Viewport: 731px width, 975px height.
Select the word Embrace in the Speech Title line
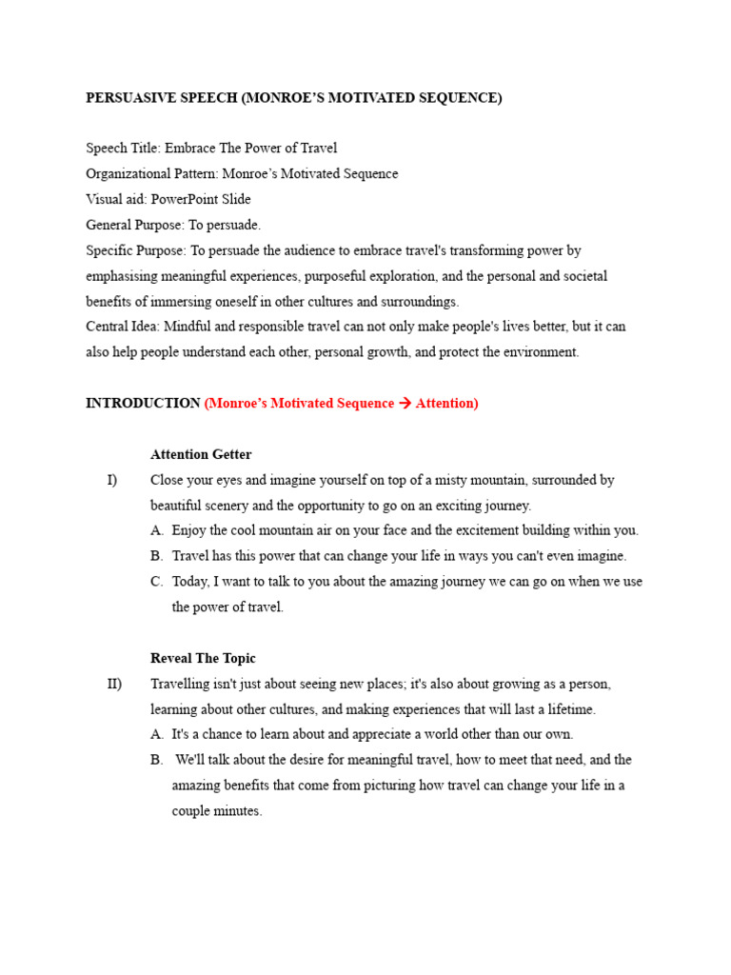(x=188, y=149)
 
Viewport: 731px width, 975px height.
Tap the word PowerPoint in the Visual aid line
(x=185, y=200)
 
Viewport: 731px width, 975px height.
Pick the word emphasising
(x=123, y=276)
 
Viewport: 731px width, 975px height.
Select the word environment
(x=543, y=352)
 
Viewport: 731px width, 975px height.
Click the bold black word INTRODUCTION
(x=143, y=404)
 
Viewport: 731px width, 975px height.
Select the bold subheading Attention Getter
(x=201, y=455)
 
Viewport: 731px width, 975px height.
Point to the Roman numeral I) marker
(x=111, y=481)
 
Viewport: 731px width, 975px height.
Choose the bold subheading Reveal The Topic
(x=203, y=659)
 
